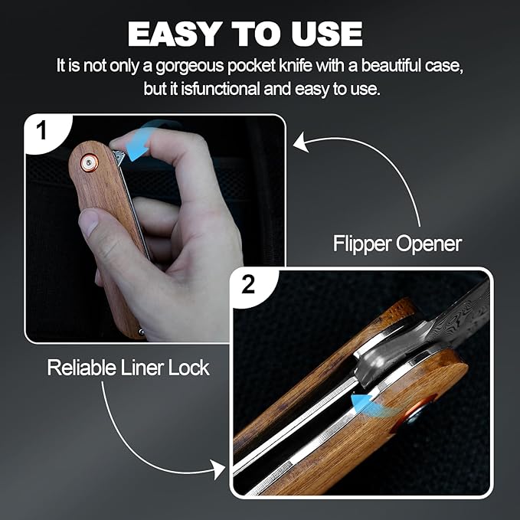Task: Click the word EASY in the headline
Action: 175,34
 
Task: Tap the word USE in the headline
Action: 327,34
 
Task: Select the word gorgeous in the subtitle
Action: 190,67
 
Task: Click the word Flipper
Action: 362,245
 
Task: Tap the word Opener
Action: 428,245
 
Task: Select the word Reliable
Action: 81,368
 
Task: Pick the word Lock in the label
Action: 188,368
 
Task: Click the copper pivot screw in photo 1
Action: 89,163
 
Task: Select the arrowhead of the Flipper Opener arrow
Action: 301,142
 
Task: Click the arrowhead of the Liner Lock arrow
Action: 218,469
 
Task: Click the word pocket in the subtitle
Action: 251,67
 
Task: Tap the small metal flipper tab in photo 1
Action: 119,157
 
